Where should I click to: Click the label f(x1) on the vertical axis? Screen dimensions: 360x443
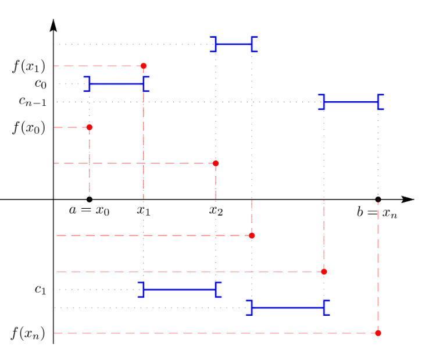click(x=28, y=66)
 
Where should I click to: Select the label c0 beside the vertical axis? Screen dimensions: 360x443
click(x=40, y=83)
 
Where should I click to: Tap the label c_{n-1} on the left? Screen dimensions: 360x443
click(x=33, y=102)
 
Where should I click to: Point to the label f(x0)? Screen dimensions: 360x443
click(x=28, y=127)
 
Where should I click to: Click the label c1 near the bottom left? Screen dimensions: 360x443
click(x=40, y=289)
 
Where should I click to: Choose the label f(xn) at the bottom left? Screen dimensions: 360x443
click(x=28, y=334)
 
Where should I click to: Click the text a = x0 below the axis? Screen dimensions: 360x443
click(x=89, y=210)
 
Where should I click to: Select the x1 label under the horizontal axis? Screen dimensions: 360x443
click(x=144, y=210)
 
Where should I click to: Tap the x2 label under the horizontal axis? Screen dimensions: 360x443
click(x=216, y=210)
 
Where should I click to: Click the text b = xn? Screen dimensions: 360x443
click(x=377, y=213)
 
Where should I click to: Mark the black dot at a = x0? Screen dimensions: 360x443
click(x=89, y=199)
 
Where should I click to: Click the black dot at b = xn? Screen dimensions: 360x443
click(x=378, y=199)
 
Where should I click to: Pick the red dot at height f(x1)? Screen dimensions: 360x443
click(x=144, y=66)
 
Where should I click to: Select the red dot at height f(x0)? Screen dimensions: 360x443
click(x=89, y=127)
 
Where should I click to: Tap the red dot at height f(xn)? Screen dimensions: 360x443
click(x=378, y=333)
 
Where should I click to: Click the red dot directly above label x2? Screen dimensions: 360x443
click(x=216, y=163)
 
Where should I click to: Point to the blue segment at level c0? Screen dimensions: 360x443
click(x=116, y=84)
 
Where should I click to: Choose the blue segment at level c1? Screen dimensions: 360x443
click(x=180, y=289)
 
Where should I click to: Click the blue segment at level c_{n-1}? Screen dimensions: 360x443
click(x=351, y=102)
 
